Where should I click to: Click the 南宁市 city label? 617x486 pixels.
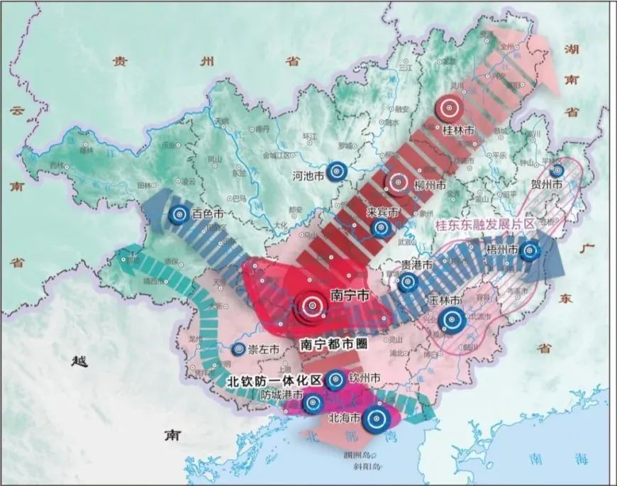point(350,296)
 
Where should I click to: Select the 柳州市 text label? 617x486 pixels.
point(430,185)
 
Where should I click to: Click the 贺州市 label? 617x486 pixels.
point(546,184)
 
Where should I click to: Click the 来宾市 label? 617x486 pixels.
point(383,211)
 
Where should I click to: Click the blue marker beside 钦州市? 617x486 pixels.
point(336,380)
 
